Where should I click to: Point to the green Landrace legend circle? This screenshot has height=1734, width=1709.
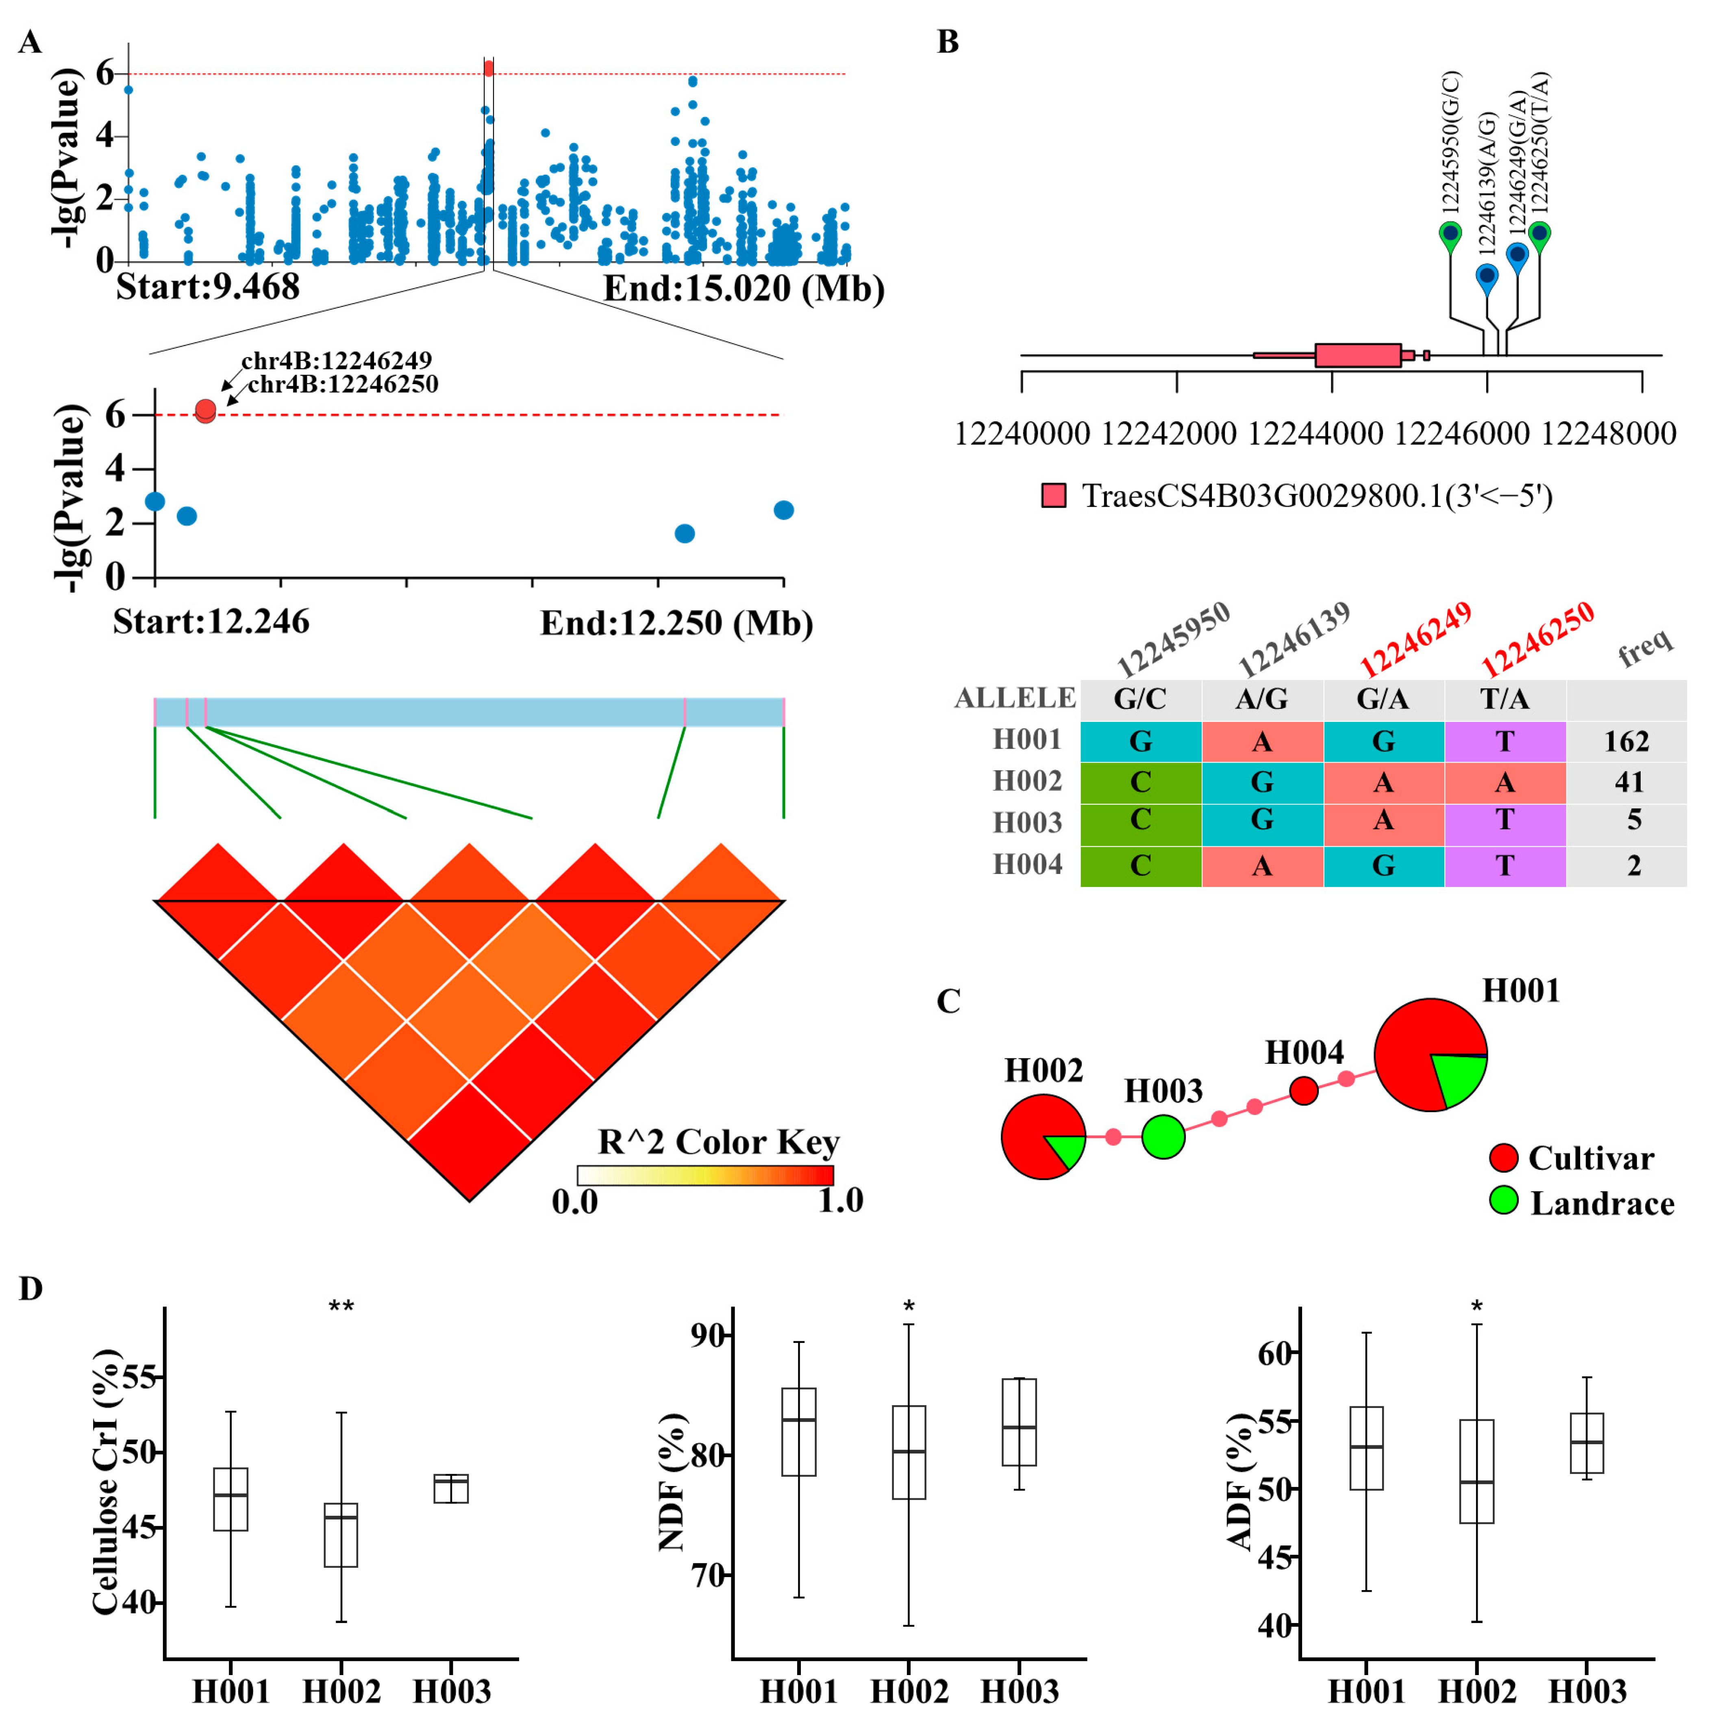[x=1503, y=1201]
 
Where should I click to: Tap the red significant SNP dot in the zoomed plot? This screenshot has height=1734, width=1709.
[x=206, y=410]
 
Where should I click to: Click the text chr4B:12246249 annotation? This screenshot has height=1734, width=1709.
[x=337, y=360]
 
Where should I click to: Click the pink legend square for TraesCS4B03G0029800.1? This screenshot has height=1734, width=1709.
[x=1054, y=495]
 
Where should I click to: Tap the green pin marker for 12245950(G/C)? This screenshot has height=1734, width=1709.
[x=1450, y=235]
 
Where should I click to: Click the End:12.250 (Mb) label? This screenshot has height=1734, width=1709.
[x=676, y=623]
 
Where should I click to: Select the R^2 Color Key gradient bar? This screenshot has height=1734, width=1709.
[x=705, y=1175]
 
